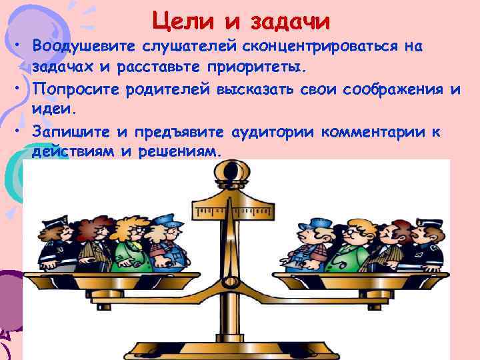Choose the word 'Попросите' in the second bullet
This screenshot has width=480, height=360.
pos(74,89)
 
